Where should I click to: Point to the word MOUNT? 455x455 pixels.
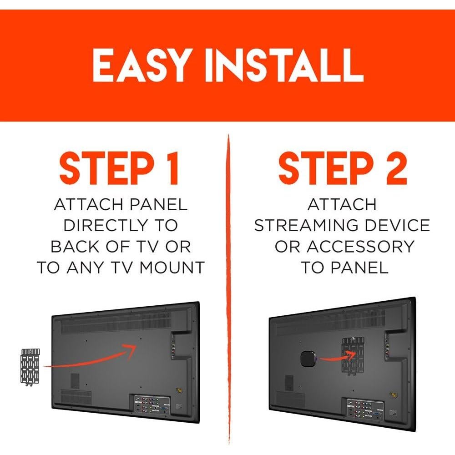pyautogui.click(x=172, y=267)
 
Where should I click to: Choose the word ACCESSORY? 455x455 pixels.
pyautogui.click(x=360, y=246)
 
